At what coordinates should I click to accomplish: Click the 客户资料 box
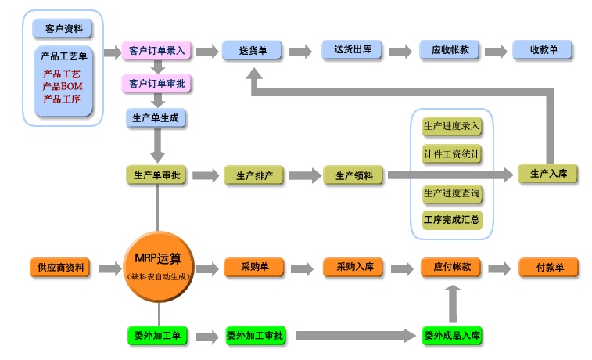coord(63,29)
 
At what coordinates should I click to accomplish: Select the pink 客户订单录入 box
coord(156,51)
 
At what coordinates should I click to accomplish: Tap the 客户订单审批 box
coord(156,82)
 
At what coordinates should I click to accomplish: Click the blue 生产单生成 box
coord(156,117)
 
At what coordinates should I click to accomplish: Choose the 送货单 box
coord(252,51)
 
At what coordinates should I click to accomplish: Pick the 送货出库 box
coord(352,51)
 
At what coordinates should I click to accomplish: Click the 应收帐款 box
coord(450,51)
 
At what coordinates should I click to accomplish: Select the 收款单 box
coord(543,51)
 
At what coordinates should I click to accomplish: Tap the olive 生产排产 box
coord(254,175)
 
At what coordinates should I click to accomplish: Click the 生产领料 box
coord(353,175)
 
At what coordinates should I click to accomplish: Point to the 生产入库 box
coord(548,174)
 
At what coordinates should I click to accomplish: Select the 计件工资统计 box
coord(451,154)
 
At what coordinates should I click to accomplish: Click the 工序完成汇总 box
coord(451,219)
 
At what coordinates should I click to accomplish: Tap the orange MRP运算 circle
coord(158,266)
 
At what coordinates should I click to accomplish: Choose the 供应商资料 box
coord(62,268)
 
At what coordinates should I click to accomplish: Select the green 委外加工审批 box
coord(255,336)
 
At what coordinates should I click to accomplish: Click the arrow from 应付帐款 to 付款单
coord(498,268)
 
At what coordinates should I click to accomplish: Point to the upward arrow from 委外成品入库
coord(451,301)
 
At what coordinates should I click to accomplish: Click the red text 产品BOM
coord(63,86)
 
